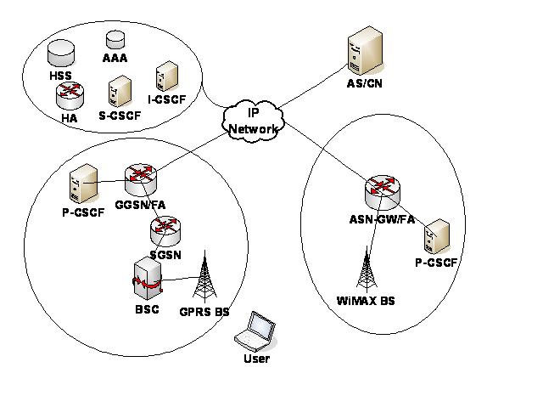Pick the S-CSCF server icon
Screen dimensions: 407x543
click(120, 89)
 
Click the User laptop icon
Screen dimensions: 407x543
click(256, 332)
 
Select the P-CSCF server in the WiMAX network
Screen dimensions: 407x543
click(436, 237)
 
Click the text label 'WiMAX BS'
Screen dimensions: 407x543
click(366, 301)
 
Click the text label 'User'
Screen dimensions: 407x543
click(255, 359)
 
